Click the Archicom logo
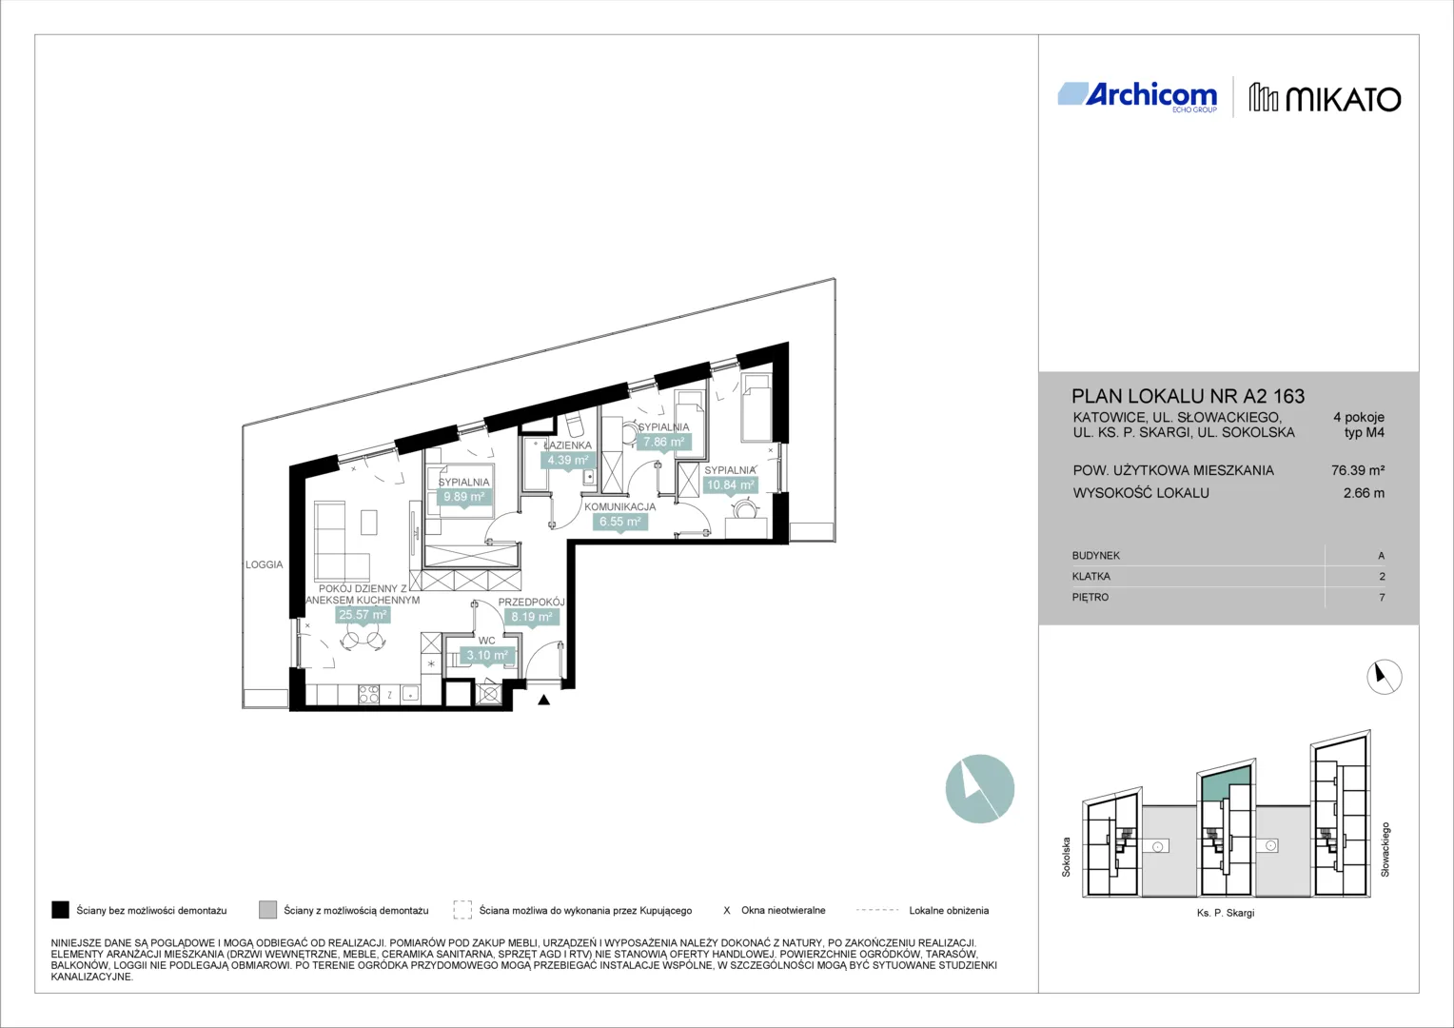coord(1137,97)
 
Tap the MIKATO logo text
coord(1343,99)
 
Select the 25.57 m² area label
coord(363,614)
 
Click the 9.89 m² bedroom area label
coord(463,497)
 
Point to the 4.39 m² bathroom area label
coord(567,461)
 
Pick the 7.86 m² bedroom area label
coord(663,443)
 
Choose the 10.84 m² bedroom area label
coord(730,485)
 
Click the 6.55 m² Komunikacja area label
coord(619,522)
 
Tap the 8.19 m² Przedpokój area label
coord(531,616)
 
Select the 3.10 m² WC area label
coord(487,655)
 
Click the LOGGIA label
coord(265,564)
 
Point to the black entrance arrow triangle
coord(544,700)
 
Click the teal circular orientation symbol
coord(979,788)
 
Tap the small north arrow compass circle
coord(1384,677)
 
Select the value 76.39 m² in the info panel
coord(1358,470)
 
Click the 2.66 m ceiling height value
coord(1364,493)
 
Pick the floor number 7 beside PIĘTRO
coord(1382,597)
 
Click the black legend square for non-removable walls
coord(60,910)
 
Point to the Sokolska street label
coord(1066,857)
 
